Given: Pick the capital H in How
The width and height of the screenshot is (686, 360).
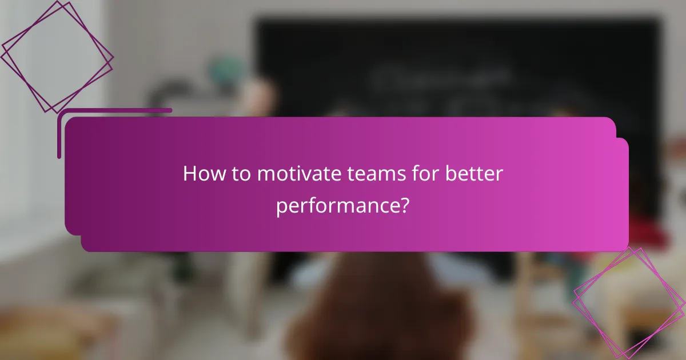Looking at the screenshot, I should pos(189,174).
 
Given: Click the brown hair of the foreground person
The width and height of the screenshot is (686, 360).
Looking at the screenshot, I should pos(377,309).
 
